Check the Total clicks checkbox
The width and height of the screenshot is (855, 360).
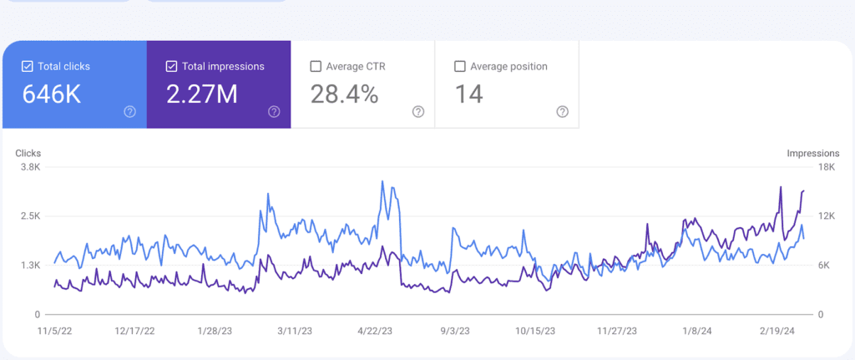(28, 66)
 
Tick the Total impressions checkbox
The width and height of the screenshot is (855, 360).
(172, 66)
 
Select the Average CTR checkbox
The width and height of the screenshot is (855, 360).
(316, 66)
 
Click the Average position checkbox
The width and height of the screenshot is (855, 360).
(459, 66)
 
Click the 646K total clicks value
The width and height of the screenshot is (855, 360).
(52, 94)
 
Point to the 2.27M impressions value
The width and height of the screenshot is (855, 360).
(202, 94)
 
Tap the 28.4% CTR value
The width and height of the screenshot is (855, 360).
(344, 94)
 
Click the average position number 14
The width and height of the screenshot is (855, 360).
(468, 94)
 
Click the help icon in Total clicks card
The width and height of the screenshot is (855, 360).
(129, 112)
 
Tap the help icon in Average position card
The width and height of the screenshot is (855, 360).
(562, 112)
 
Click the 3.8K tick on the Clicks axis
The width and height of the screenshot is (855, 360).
(30, 167)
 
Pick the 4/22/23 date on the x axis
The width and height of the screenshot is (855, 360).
(375, 331)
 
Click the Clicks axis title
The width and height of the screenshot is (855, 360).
(28, 154)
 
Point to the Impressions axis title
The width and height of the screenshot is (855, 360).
(812, 154)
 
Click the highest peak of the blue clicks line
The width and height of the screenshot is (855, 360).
(382, 181)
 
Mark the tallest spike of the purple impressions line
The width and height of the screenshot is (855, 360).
(780, 187)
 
